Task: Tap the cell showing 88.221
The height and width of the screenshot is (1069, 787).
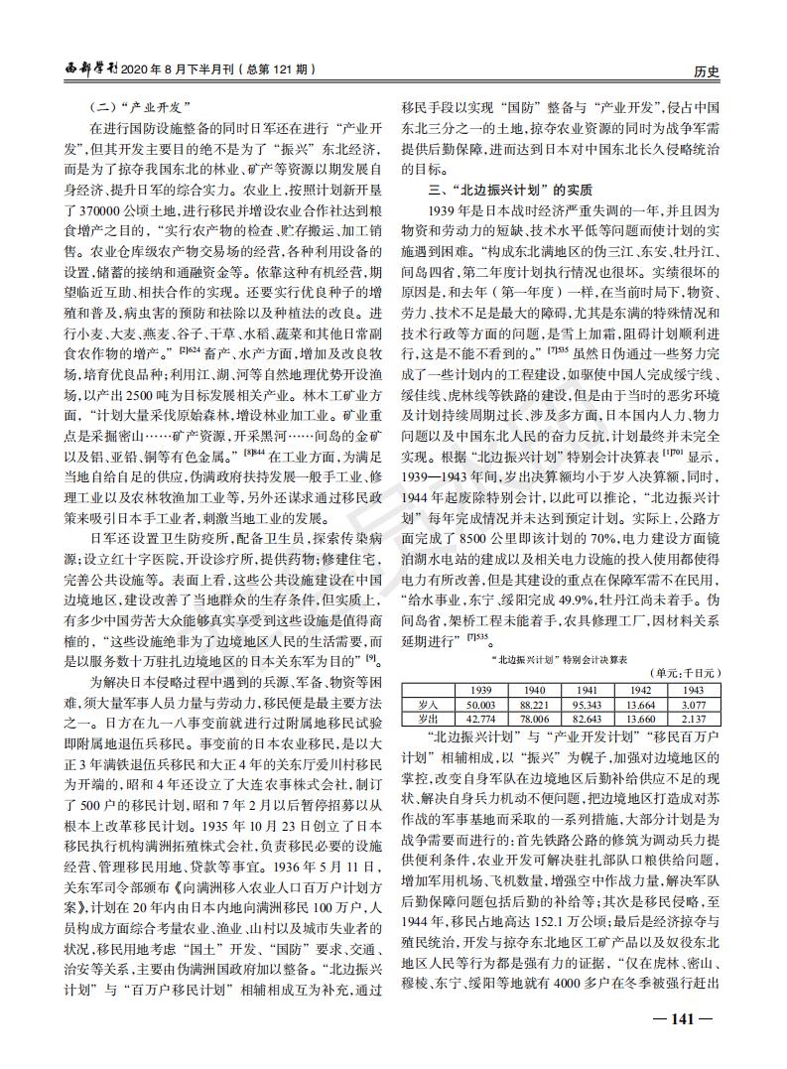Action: pyautogui.click(x=535, y=704)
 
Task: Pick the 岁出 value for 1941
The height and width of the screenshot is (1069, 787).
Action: pyautogui.click(x=589, y=717)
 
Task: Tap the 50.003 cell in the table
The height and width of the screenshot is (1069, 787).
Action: pyautogui.click(x=481, y=704)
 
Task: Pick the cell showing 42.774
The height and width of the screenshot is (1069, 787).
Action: pyautogui.click(x=481, y=717)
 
